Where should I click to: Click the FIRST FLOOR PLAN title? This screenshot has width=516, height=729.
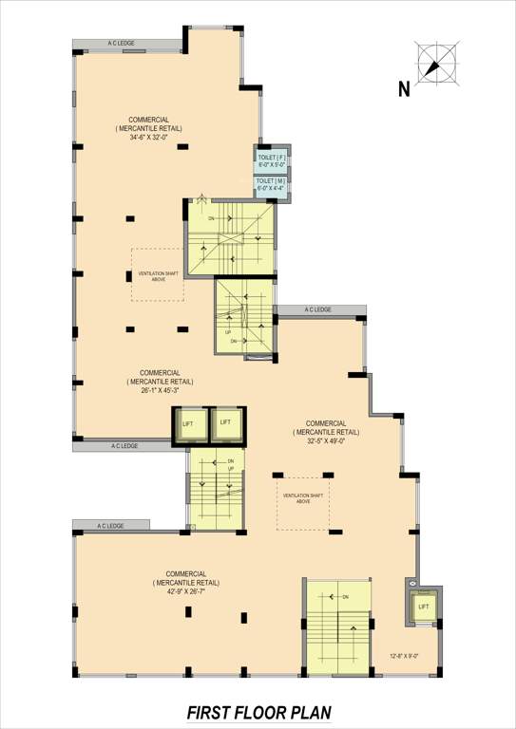click(x=258, y=712)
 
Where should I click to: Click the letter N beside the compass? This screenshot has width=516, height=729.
click(x=404, y=90)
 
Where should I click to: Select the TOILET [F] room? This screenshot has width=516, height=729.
click(x=272, y=159)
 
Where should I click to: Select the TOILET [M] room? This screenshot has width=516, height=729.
click(x=272, y=183)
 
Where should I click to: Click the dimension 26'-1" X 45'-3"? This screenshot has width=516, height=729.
click(x=160, y=389)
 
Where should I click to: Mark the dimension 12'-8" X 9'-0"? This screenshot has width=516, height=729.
click(x=403, y=655)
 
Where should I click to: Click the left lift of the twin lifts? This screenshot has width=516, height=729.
click(x=188, y=425)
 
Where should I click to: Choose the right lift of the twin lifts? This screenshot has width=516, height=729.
click(x=226, y=423)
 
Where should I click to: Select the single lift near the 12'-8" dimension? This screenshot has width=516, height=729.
click(x=423, y=606)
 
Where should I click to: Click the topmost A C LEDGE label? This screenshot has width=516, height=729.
click(x=125, y=44)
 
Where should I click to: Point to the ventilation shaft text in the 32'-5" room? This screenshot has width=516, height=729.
click(x=303, y=497)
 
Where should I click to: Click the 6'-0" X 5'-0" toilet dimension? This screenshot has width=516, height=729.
click(x=272, y=164)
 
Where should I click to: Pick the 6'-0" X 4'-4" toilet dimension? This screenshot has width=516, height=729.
click(x=272, y=188)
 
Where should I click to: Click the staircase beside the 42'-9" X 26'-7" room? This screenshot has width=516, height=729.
click(x=337, y=627)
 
